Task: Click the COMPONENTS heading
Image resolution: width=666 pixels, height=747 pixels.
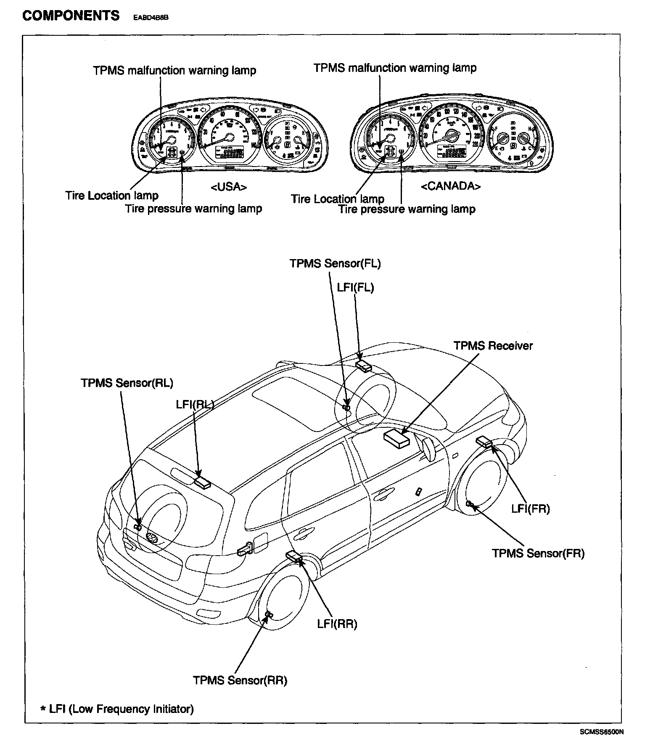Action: coord(71,16)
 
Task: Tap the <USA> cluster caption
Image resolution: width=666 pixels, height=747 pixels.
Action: coord(228,187)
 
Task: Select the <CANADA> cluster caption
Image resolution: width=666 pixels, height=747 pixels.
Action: coord(450,186)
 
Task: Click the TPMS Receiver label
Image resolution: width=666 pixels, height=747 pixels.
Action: coord(493,346)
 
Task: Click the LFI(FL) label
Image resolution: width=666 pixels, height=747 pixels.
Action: coord(355,287)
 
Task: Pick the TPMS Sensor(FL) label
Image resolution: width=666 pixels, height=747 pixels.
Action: coord(335,263)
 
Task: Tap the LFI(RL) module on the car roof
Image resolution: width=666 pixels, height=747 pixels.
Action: coord(203,482)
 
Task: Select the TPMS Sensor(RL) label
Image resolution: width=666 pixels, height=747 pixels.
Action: coord(127,383)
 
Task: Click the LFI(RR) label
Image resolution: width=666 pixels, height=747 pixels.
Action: coord(337,624)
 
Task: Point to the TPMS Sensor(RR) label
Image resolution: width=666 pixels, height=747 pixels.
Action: coord(240,680)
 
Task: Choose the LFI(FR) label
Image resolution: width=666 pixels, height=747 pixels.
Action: coord(530,509)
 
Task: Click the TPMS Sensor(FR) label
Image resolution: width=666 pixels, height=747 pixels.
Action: coord(538,553)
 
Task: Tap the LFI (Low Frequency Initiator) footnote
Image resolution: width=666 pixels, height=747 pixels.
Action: coord(117,709)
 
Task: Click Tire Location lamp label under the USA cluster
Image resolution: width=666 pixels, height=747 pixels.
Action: coord(111,196)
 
